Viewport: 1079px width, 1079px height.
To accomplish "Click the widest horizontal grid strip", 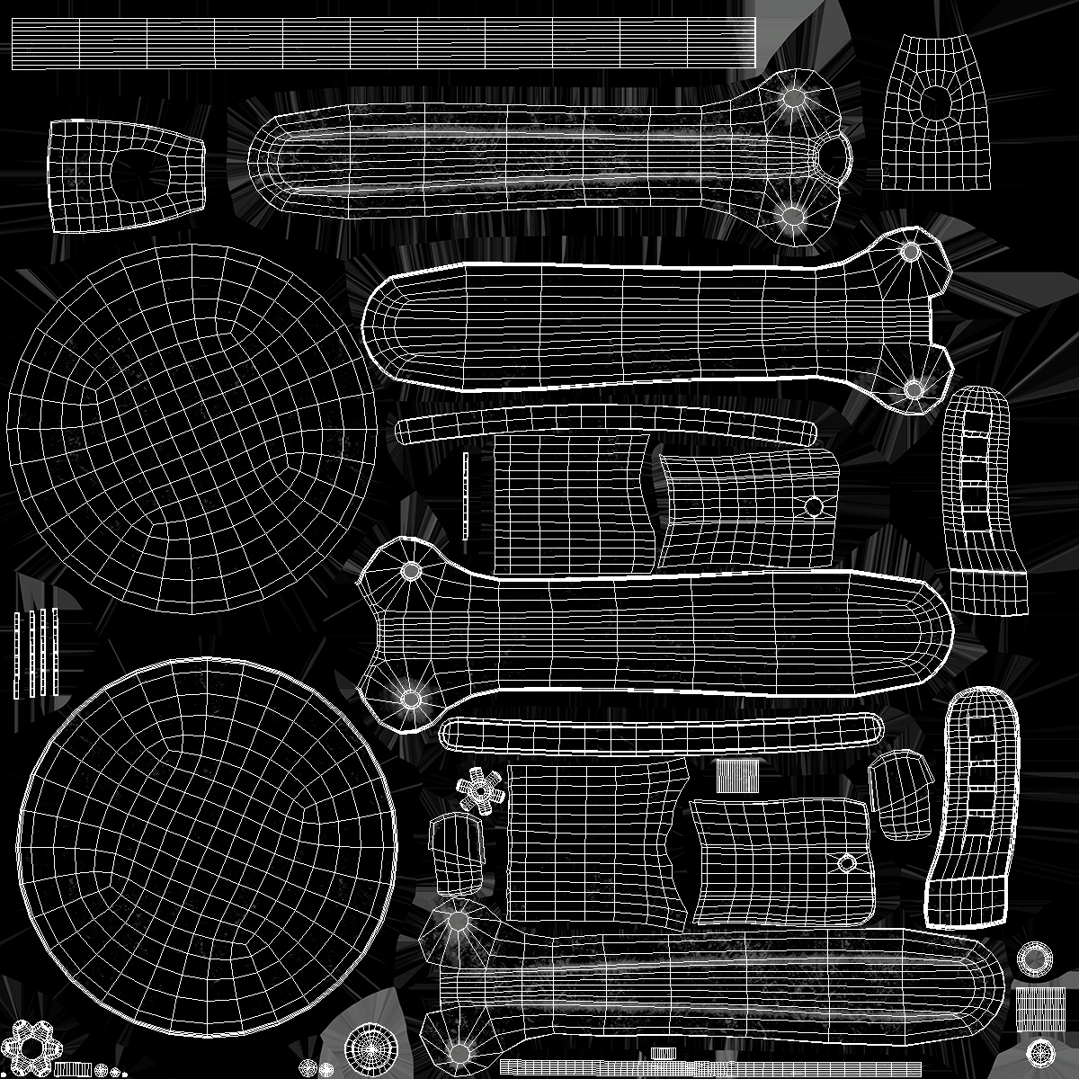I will pos(382,43).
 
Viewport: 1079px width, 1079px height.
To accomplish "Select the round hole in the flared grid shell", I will pos(936,101).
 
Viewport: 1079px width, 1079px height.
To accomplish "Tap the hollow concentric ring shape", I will pos(1035,958).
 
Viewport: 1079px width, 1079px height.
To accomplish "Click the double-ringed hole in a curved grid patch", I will pos(846,864).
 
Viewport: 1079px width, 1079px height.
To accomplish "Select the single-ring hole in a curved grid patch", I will pos(814,506).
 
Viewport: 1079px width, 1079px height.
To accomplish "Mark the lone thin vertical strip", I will pos(466,495).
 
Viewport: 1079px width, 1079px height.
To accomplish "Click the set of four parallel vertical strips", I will pos(36,653).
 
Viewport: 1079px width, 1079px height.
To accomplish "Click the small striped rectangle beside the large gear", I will pos(72,1069).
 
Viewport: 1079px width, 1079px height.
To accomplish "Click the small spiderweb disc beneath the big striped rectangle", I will pos(1040,1051).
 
